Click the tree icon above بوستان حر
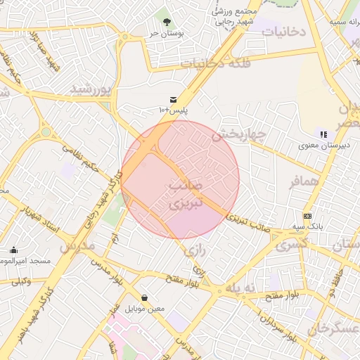(x=167, y=13)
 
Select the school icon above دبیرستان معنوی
(x=323, y=134)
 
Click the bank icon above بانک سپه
(x=307, y=216)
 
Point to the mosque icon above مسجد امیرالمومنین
(x=13, y=250)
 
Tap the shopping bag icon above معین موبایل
(x=145, y=297)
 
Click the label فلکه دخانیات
(x=211, y=63)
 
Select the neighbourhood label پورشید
(x=91, y=89)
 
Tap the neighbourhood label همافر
(x=304, y=181)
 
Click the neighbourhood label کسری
(x=292, y=245)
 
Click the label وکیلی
(x=20, y=281)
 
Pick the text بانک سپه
(x=307, y=227)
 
